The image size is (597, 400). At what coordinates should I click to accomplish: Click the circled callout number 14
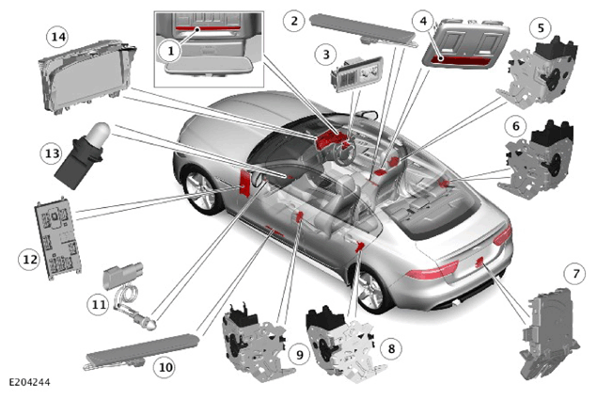pos(58,37)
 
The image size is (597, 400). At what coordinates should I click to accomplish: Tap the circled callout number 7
pos(575,273)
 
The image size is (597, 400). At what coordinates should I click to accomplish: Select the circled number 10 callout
pos(165,368)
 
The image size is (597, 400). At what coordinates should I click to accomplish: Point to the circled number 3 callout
pos(326,55)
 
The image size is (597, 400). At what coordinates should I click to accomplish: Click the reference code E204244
pos(29,382)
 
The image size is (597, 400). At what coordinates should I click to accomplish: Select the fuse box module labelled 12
pos(57,238)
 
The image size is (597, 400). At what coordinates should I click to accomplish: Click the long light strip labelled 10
pos(140,351)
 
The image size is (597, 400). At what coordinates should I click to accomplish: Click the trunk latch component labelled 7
pos(549,334)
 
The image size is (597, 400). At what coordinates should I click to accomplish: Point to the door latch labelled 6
pos(537,161)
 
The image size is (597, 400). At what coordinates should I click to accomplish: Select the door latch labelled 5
pos(537,72)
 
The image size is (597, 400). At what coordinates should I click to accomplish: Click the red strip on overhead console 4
pos(461,60)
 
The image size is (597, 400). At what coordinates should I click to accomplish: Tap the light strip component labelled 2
pos(363,30)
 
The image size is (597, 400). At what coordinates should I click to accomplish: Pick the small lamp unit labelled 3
pos(356,73)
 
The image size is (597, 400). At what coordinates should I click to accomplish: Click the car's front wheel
pos(201,189)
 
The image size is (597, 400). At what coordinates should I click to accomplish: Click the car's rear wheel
pos(369,291)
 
